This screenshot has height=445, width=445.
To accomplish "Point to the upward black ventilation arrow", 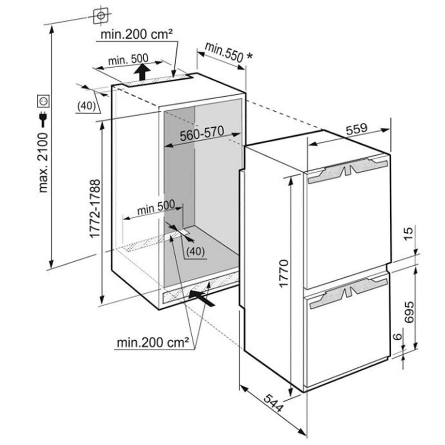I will point(142,72).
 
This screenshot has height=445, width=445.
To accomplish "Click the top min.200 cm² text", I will point(136,34).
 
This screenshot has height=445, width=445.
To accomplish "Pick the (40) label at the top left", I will point(87,106).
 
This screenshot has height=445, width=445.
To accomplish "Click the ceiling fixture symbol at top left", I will point(101,16).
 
